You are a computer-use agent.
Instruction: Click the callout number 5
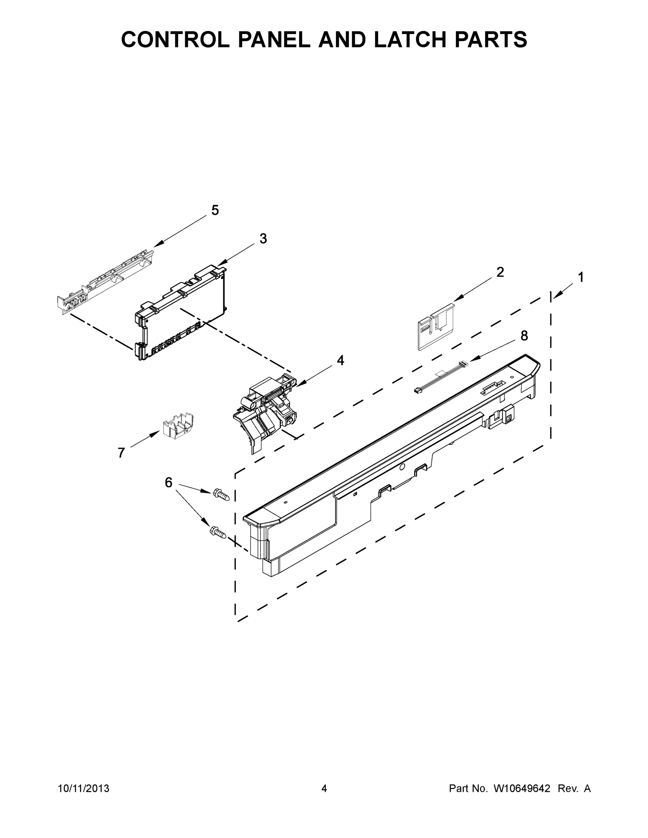pyautogui.click(x=215, y=210)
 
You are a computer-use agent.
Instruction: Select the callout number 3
pyautogui.click(x=263, y=239)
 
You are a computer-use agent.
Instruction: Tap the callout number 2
pyautogui.click(x=500, y=272)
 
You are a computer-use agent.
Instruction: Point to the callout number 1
pyautogui.click(x=581, y=277)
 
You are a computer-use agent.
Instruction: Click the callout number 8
pyautogui.click(x=524, y=336)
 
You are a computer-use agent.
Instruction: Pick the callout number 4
pyautogui.click(x=340, y=360)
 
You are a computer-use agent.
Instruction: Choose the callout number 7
pyautogui.click(x=121, y=453)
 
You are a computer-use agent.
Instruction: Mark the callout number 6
pyautogui.click(x=168, y=482)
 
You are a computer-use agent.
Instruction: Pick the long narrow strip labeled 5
pyautogui.click(x=105, y=282)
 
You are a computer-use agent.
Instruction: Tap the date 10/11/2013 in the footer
pyautogui.click(x=84, y=788)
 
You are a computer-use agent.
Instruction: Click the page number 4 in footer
pyautogui.click(x=324, y=788)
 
